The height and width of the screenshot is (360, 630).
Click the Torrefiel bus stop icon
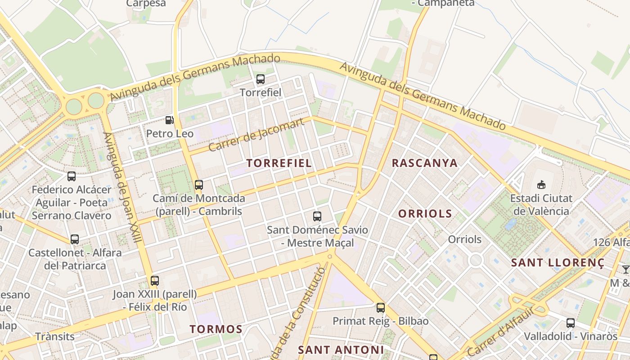pyautogui.click(x=260, y=80)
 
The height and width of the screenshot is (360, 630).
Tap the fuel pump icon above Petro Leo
pyautogui.click(x=170, y=120)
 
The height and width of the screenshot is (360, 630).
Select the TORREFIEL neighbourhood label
pyautogui.click(x=279, y=163)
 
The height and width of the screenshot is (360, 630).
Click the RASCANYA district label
pyautogui.click(x=424, y=163)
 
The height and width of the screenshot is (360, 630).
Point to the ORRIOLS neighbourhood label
pyautogui.click(x=425, y=213)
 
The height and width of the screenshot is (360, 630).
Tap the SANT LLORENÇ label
pyautogui.click(x=558, y=262)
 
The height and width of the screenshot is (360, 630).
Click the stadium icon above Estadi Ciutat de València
pyautogui.click(x=541, y=184)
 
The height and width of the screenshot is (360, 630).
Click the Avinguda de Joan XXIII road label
pyautogui.click(x=122, y=187)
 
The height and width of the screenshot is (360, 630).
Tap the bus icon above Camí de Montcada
pyautogui.click(x=198, y=184)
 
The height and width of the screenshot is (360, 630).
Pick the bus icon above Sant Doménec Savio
pyautogui.click(x=317, y=216)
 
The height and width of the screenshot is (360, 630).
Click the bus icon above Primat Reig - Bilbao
pyautogui.click(x=381, y=308)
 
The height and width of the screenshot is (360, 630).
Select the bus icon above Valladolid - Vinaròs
pyautogui.click(x=570, y=323)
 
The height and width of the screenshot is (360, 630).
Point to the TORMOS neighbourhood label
pyautogui.click(x=216, y=329)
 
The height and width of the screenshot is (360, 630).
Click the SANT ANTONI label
pyautogui.click(x=341, y=350)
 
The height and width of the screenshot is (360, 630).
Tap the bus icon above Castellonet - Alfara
pyautogui.click(x=75, y=239)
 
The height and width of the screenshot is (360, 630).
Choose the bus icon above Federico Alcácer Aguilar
pyautogui.click(x=72, y=176)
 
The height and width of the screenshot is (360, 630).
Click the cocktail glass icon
pyautogui.click(x=625, y=270)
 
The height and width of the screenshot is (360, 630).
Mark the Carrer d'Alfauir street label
pyautogui.click(x=501, y=332)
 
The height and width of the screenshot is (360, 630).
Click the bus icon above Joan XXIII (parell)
pyautogui.click(x=155, y=281)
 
